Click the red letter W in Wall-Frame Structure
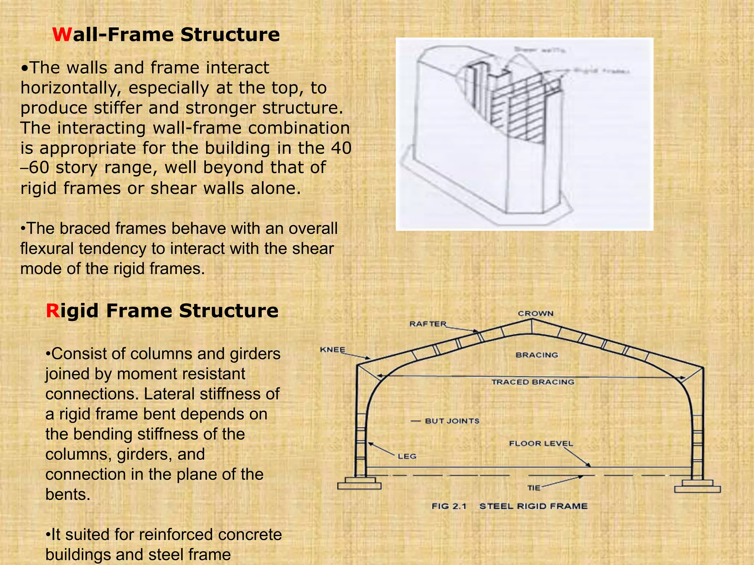point(62,35)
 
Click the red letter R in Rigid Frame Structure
point(53,311)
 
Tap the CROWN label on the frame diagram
point(536,313)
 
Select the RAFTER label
point(428,324)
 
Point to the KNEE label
point(332,349)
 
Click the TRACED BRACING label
point(533,382)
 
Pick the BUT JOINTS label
point(452,421)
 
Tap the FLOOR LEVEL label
point(541,443)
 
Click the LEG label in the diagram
point(407,456)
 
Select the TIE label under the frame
point(533,488)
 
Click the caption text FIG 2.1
point(449,506)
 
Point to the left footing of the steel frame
point(359,483)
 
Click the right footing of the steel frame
point(697,486)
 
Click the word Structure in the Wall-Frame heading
point(230,35)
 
